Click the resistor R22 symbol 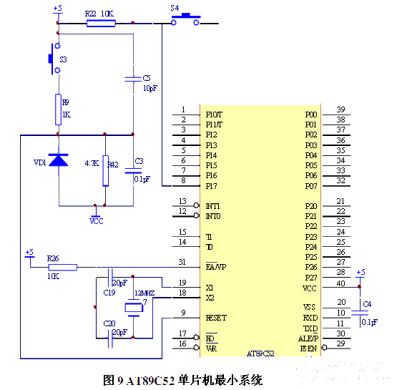point(101,23)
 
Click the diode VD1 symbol point(59,161)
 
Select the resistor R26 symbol point(62,267)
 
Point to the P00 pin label point(310,114)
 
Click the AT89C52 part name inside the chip point(260,353)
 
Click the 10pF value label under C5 point(150,88)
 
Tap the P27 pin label point(310,277)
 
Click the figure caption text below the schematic point(193,378)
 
